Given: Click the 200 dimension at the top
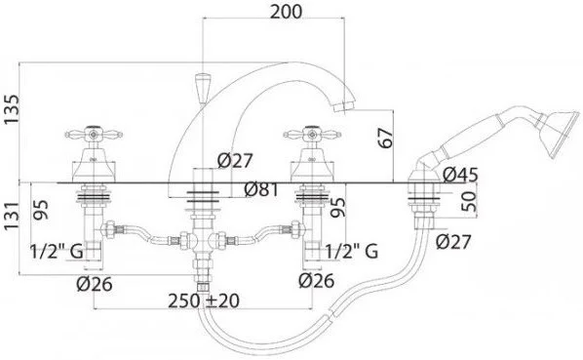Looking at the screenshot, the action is coord(286,12).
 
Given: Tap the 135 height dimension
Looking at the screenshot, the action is coord(11,109).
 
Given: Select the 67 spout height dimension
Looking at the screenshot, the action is coord(385,138).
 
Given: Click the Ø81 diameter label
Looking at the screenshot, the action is coord(261,189).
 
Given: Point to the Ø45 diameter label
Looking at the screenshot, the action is coord(460,175).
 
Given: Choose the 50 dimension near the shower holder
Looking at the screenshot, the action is coord(469,201).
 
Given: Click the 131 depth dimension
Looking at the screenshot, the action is coord(11,216).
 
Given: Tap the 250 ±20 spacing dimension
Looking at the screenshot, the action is coord(204,300).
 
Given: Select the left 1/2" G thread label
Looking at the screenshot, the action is coord(57,252).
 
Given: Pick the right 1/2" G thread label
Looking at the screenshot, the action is coord(352,252).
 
